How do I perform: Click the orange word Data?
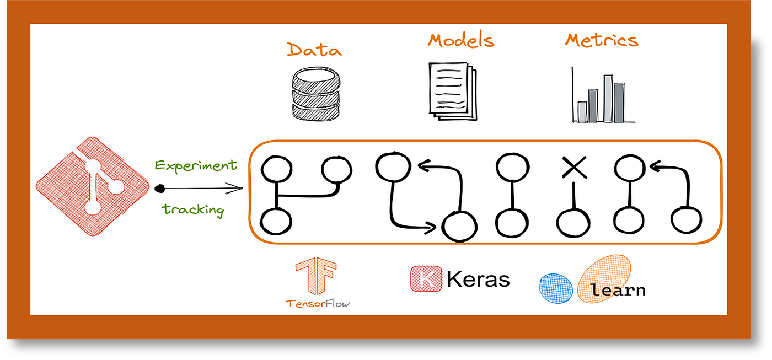314,50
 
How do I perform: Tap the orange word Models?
461,40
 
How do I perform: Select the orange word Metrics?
602,40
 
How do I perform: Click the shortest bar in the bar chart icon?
582,111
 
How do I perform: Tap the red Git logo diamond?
93,187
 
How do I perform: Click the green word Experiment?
196,165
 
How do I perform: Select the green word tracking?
193,209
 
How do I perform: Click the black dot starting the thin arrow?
160,189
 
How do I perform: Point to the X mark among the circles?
573,167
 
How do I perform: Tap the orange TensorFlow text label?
318,303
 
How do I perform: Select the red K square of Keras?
426,278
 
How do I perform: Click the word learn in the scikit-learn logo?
618,289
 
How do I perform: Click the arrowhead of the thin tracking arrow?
240,189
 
